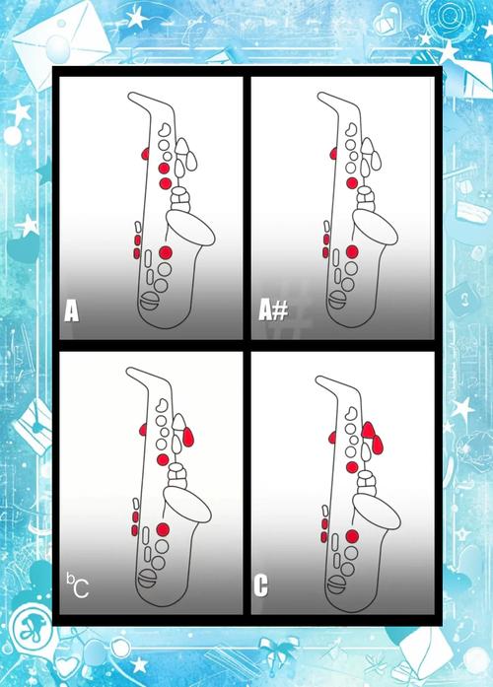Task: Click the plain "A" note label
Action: (x=71, y=310)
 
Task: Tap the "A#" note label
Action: (x=273, y=310)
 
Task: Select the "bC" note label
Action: (x=78, y=585)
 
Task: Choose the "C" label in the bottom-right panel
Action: (x=260, y=585)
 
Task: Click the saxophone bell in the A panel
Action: (x=190, y=228)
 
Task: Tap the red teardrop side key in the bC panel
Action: (x=187, y=437)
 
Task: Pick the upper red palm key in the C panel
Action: (x=368, y=430)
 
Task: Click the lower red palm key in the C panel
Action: (x=378, y=445)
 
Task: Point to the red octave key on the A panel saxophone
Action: (x=145, y=154)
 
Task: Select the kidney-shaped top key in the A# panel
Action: (x=351, y=129)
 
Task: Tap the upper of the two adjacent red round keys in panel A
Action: (x=164, y=168)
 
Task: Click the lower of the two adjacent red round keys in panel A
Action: (x=165, y=183)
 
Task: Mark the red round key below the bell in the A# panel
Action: (x=352, y=251)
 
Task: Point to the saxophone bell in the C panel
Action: (x=377, y=512)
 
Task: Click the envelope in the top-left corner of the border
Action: (x=61, y=41)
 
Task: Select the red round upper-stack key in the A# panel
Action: (x=351, y=182)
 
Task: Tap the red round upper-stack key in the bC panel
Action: (x=163, y=459)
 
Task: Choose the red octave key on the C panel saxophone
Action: (x=332, y=438)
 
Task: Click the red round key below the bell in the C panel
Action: (x=352, y=536)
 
